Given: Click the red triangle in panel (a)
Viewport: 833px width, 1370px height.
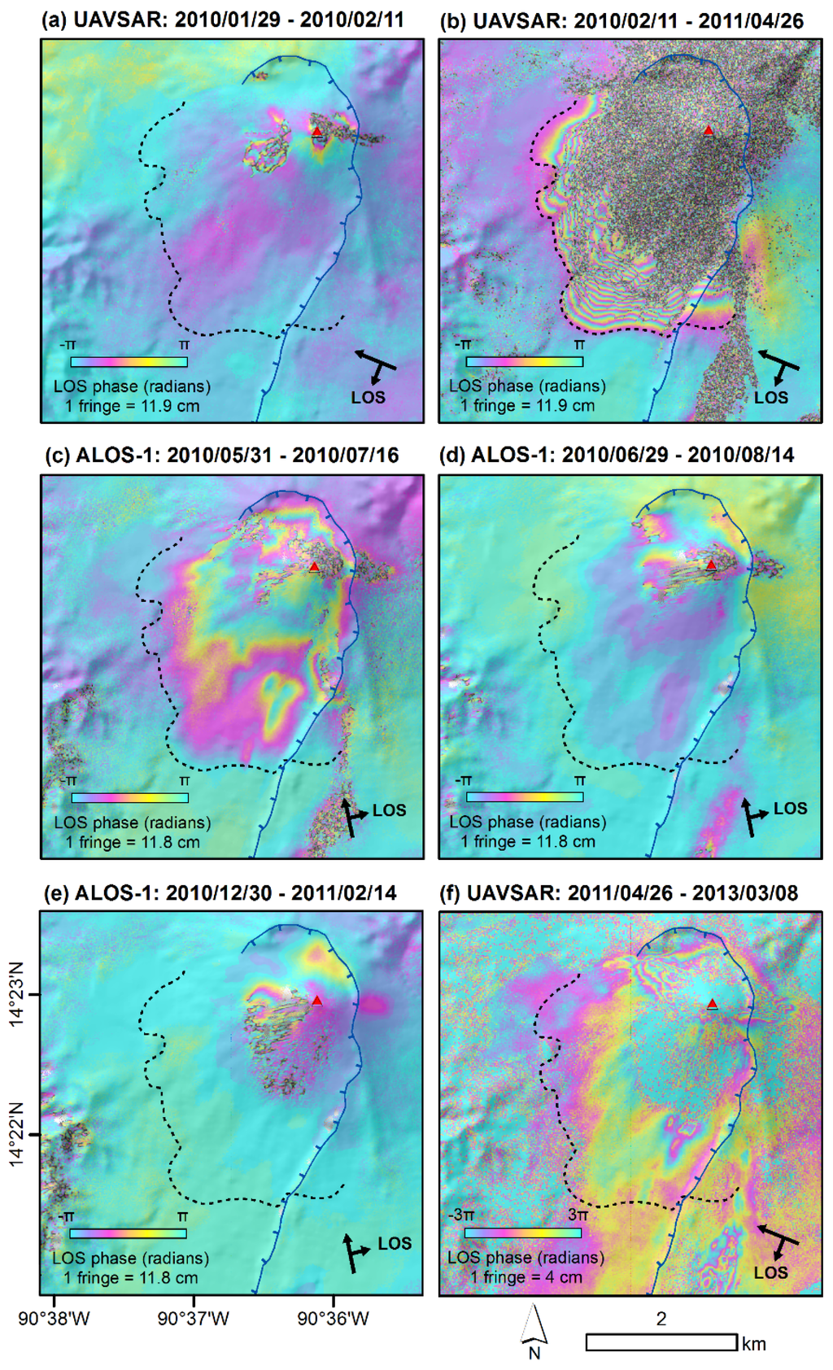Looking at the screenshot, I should coord(316,131).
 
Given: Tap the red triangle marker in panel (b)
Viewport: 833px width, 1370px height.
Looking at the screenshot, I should coord(709,130).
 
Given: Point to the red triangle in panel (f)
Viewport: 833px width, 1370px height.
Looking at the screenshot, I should coord(713,1004).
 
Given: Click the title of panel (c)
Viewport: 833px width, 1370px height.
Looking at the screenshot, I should coord(221,455).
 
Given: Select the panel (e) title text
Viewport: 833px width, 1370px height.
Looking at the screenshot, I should coord(220,892).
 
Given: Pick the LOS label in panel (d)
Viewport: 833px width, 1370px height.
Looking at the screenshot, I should coord(790,808).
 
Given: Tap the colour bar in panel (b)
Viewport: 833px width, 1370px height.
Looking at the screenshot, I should coord(525,361).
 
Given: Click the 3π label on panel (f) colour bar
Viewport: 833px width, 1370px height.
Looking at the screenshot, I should coord(578,1214).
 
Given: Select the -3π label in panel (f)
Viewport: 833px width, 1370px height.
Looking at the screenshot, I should coord(460,1214).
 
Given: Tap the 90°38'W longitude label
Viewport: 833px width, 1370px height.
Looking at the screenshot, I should coord(55,1318).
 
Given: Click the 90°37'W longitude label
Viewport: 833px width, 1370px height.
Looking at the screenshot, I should coord(194,1318).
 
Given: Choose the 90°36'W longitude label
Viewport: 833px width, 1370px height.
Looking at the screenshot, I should coord(334,1318).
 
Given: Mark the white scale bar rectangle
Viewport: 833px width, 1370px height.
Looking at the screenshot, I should coord(661,1342).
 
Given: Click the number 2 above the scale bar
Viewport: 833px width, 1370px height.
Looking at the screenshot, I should coord(661,1318).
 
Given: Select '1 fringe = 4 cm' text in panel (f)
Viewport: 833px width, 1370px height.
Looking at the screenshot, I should coord(526,1276).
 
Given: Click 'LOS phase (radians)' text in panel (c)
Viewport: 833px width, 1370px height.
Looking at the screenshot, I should coord(133,822).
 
